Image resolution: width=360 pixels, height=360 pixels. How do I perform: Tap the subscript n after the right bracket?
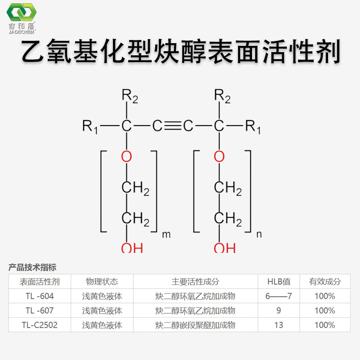(x=258, y=234)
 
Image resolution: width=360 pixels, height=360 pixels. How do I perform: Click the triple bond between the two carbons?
(x=173, y=126)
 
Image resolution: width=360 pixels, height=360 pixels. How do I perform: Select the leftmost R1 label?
(x=90, y=126)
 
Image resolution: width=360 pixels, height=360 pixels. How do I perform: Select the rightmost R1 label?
(x=253, y=126)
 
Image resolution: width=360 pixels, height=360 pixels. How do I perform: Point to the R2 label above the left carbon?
(x=129, y=95)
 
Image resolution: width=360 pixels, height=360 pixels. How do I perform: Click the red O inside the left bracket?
(x=126, y=157)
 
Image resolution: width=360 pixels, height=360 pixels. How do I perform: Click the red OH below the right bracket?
(x=224, y=247)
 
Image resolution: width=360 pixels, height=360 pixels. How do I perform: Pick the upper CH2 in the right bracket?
(x=227, y=188)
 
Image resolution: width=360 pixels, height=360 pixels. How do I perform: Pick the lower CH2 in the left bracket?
(x=135, y=219)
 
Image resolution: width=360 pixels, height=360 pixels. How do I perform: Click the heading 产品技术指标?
(x=32, y=267)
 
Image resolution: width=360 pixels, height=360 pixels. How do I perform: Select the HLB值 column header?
(x=279, y=282)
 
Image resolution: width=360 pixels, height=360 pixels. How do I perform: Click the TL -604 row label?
(x=40, y=296)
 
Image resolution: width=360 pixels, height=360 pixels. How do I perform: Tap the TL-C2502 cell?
(x=40, y=325)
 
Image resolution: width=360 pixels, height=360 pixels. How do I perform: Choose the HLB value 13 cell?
(x=279, y=325)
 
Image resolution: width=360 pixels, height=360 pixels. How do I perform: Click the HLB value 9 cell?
(x=279, y=310)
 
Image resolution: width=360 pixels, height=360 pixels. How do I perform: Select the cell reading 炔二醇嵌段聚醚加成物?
(x=195, y=325)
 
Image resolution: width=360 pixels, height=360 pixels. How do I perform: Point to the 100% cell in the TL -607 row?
(x=324, y=310)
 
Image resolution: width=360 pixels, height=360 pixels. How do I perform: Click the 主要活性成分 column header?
(x=195, y=282)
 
